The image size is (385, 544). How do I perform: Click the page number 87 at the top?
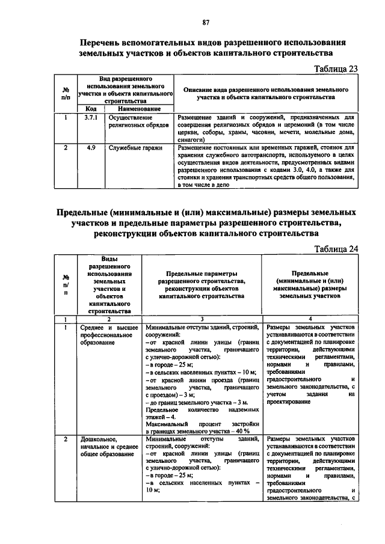(205, 22)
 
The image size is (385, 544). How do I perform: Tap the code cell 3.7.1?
(91, 118)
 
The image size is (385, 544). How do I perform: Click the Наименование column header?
(139, 109)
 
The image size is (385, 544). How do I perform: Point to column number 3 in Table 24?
(202, 319)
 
